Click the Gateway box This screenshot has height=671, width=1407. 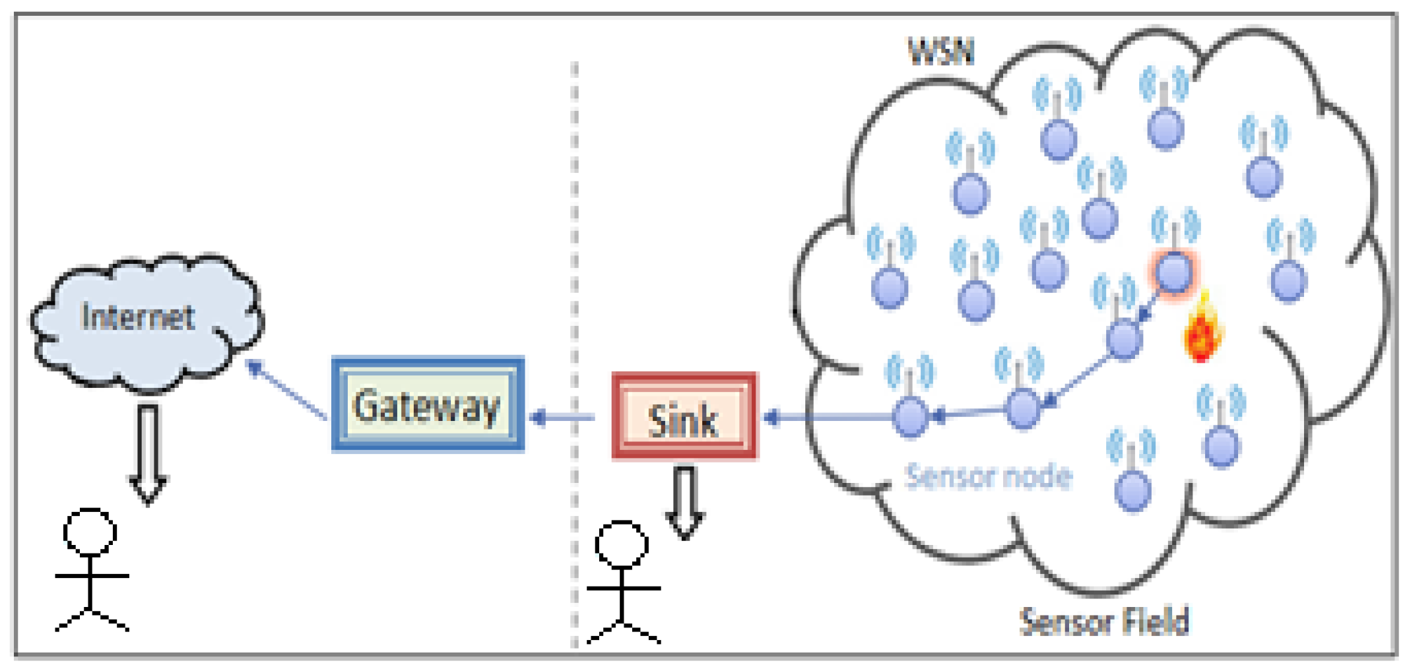(x=428, y=404)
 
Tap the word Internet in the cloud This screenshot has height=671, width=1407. (x=138, y=317)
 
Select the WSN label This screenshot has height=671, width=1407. (x=941, y=51)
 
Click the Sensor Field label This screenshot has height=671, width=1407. (x=1104, y=622)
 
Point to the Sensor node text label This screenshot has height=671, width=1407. (x=988, y=476)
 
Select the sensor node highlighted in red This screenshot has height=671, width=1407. (x=1174, y=272)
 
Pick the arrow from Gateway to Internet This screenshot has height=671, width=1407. (x=287, y=389)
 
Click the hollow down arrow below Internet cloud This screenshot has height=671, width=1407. (x=148, y=455)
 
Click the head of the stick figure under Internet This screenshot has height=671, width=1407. (x=90, y=532)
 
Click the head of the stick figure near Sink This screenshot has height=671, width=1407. (x=622, y=545)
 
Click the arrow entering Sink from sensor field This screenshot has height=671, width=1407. (x=825, y=417)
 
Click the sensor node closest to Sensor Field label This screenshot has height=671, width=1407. (x=1132, y=491)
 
